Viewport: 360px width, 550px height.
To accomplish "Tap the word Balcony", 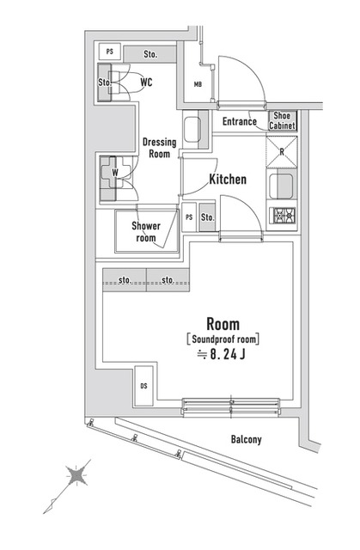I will [x=246, y=439].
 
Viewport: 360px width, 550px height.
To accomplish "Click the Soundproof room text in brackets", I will [x=223, y=339].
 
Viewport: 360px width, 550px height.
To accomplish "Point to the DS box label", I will [x=143, y=387].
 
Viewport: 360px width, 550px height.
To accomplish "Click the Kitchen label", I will [x=228, y=180].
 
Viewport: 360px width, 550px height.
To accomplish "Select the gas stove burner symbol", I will [x=284, y=215].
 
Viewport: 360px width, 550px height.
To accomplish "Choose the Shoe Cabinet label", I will [x=284, y=121].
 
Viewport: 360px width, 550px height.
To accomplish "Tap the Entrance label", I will [x=240, y=122].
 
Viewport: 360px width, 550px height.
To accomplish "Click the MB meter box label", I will [x=197, y=84].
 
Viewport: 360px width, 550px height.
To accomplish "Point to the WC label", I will [x=147, y=82].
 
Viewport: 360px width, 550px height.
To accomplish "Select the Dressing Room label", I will [x=158, y=148].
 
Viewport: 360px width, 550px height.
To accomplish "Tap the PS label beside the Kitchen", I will [x=189, y=217].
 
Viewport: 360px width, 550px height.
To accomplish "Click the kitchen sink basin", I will [x=282, y=185].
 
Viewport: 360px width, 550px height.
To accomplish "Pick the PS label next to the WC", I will [x=109, y=52].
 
